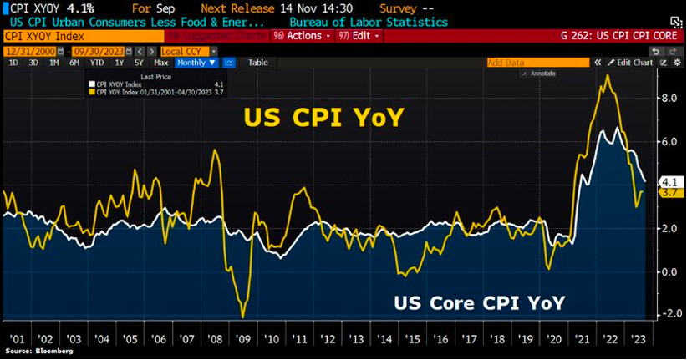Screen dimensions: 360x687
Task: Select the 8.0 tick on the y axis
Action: click(669, 98)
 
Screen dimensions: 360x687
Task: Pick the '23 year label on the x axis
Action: click(638, 340)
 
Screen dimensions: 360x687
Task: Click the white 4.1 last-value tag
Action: click(669, 181)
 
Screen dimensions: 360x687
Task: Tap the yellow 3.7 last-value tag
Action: click(669, 192)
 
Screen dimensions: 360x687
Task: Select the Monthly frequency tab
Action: click(196, 63)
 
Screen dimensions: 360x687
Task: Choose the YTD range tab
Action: click(97, 63)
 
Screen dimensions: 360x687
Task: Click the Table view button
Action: click(258, 63)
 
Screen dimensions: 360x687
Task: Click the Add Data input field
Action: click(535, 63)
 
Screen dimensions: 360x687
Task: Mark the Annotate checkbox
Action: click(524, 74)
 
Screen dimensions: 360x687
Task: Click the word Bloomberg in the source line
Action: click(49, 353)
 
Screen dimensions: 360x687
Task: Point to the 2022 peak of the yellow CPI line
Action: click(606, 76)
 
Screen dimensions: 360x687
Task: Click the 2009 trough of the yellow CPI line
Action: click(242, 317)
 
